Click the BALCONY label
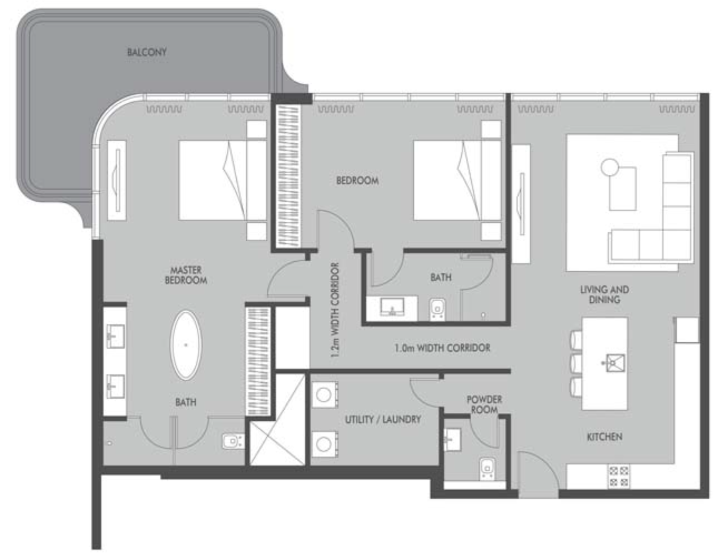[x=147, y=52]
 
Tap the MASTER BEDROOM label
[x=186, y=275]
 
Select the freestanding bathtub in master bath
[x=186, y=345]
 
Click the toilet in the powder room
[x=487, y=469]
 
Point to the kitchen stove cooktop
[x=619, y=476]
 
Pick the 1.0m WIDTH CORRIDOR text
[x=442, y=348]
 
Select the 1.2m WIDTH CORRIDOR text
[x=335, y=310]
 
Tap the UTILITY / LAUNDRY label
[x=383, y=419]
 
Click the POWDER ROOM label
[x=484, y=404]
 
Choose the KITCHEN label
[x=605, y=437]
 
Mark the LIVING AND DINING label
[x=605, y=294]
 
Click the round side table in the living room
[x=609, y=167]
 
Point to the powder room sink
[x=452, y=440]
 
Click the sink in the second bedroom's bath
[x=392, y=307]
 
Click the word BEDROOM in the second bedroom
[x=357, y=181]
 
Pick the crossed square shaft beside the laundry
[x=277, y=420]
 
